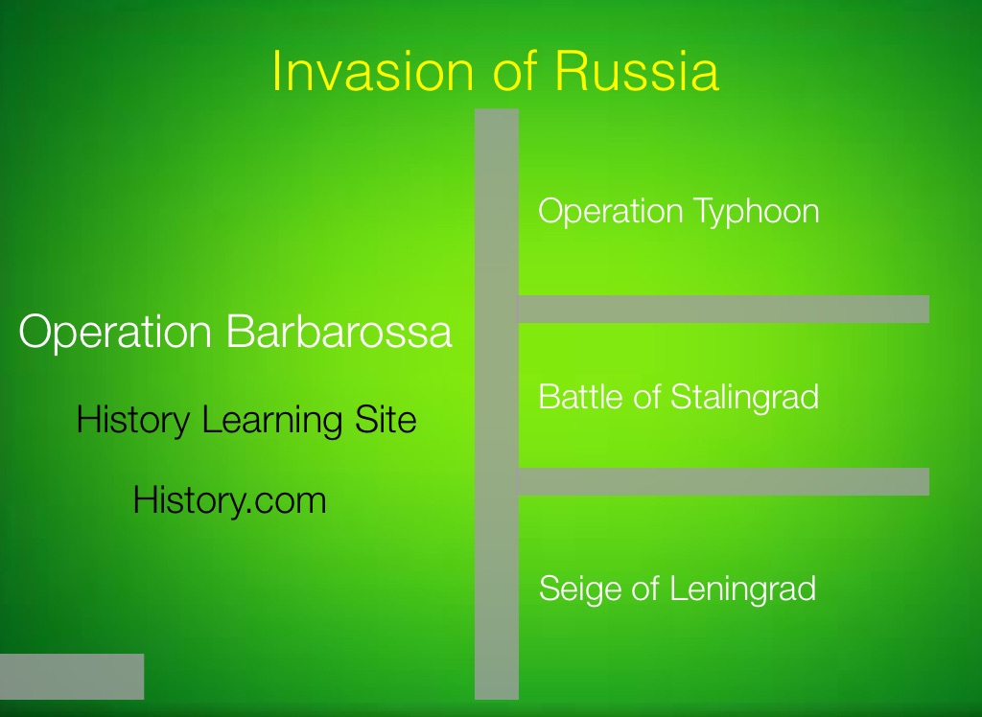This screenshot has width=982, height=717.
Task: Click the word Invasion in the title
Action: point(373,70)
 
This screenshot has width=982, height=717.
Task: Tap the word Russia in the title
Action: point(637,70)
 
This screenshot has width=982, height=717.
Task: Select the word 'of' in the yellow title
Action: point(515,70)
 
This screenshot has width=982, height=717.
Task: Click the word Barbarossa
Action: point(339,331)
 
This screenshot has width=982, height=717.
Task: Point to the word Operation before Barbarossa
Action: point(115,332)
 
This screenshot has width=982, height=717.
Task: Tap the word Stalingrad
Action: point(744,397)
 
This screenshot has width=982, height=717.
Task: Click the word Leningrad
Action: point(742,589)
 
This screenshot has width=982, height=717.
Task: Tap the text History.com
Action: point(229,501)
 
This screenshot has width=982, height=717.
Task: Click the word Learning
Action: point(271,420)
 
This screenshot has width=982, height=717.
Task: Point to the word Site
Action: point(386,419)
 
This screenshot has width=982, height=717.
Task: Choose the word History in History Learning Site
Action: point(132,420)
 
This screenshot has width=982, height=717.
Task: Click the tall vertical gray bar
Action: point(497,404)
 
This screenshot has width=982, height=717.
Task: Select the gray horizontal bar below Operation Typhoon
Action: point(723,310)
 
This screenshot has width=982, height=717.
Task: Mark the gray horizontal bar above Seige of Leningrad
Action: point(723,481)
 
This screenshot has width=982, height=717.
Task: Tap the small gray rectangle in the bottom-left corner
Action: point(72,677)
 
